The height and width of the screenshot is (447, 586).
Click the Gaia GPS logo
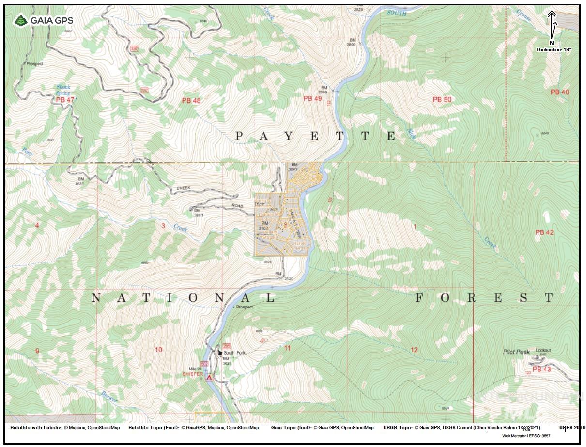[44, 20]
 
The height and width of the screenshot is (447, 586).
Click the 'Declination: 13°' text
[553, 50]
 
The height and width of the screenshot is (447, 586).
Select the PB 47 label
[65, 100]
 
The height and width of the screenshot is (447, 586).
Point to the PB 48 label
[191, 101]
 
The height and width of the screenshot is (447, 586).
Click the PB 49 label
[312, 99]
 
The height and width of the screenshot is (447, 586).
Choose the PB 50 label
[442, 99]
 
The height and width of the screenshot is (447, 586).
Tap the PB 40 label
[560, 92]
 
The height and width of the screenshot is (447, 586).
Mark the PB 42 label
[544, 232]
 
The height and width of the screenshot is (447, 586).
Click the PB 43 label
[541, 369]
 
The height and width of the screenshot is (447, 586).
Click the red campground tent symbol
[209, 377]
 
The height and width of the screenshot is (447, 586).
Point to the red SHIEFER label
[192, 374]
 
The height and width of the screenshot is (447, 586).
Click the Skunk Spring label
[63, 91]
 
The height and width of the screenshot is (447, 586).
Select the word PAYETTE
[316, 137]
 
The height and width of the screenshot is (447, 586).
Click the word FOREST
[484, 298]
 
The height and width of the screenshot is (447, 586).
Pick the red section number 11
[287, 348]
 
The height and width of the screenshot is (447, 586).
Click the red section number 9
[37, 350]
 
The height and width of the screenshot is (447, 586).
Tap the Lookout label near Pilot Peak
[544, 350]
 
